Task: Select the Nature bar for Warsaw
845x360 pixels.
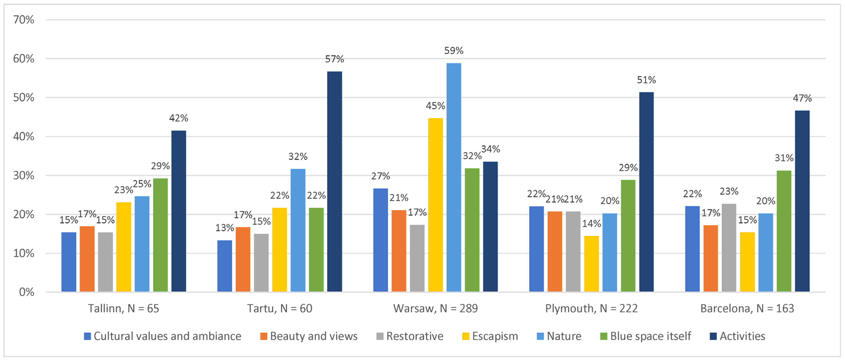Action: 454,177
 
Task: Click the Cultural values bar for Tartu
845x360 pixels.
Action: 224,266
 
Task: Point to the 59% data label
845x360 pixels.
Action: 454,51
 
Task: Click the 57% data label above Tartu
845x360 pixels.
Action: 334,59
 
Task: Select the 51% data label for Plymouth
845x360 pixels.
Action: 646,80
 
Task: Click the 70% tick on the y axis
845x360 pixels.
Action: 24,20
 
